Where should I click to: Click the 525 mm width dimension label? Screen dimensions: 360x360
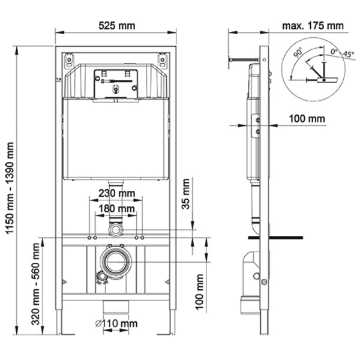tap(116, 25)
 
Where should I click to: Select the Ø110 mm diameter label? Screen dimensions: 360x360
tap(116, 324)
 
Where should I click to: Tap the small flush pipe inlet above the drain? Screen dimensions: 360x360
tap(116, 230)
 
